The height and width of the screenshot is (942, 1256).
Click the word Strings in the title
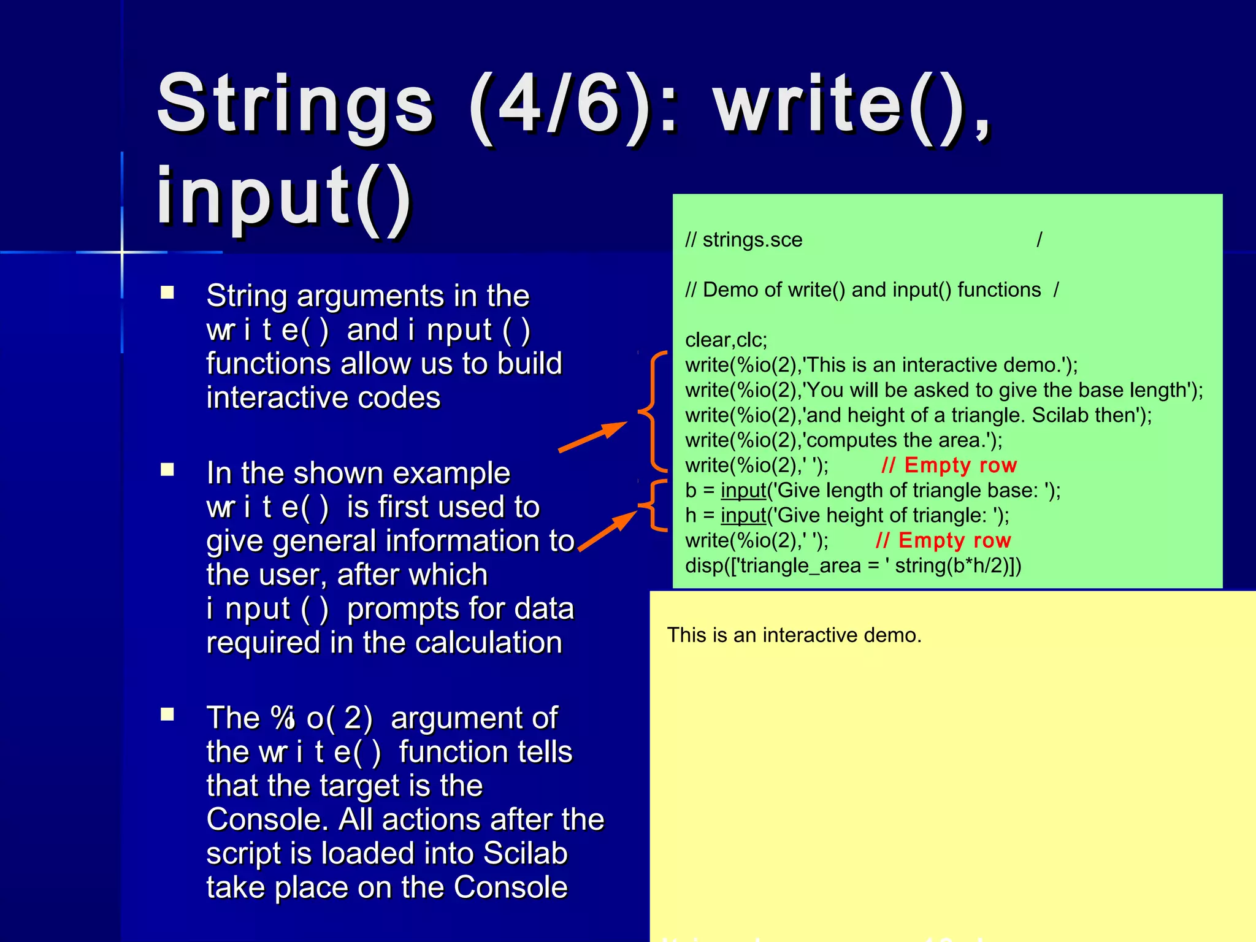(295, 104)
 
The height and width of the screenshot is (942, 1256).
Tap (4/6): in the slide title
(573, 104)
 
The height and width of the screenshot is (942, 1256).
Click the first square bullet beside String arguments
(167, 293)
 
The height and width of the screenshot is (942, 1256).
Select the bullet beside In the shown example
(167, 470)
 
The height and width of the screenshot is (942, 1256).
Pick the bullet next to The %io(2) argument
(167, 714)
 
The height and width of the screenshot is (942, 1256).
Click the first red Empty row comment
(949, 465)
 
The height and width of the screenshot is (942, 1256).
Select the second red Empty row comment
(943, 540)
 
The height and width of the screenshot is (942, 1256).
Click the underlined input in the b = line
(743, 491)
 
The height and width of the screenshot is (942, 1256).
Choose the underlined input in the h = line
(743, 516)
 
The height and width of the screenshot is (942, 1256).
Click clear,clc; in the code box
(726, 340)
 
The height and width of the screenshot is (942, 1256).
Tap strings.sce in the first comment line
(752, 240)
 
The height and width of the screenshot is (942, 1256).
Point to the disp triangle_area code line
(853, 565)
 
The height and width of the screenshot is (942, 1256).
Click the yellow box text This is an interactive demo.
(794, 635)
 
